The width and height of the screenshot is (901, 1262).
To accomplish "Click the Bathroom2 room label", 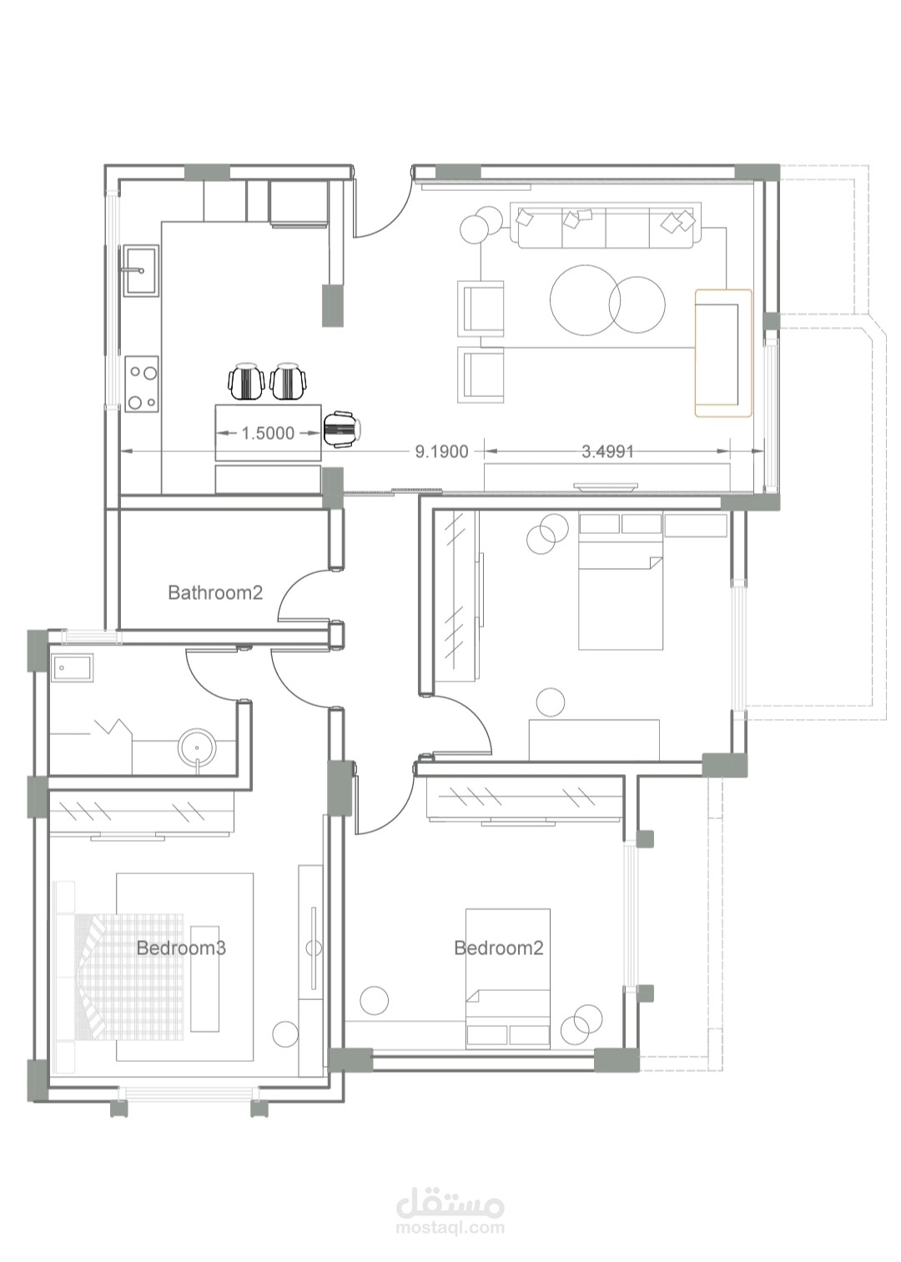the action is [215, 593].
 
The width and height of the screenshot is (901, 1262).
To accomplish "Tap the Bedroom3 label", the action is [181, 948].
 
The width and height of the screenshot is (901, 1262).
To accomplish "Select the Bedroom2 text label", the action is [499, 948].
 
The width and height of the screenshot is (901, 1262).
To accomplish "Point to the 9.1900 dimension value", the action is [442, 451].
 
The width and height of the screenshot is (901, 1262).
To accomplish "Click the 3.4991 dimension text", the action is [607, 451].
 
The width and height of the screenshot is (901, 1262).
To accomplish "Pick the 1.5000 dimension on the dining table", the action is [268, 433].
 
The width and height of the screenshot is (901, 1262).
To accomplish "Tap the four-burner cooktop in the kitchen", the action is [142, 384].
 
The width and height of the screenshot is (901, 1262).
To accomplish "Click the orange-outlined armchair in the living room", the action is [723, 354].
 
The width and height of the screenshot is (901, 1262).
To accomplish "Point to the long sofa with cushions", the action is [607, 225].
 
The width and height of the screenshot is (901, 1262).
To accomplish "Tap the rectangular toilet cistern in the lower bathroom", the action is [73, 668].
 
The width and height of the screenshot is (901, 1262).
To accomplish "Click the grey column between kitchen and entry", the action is [332, 305].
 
